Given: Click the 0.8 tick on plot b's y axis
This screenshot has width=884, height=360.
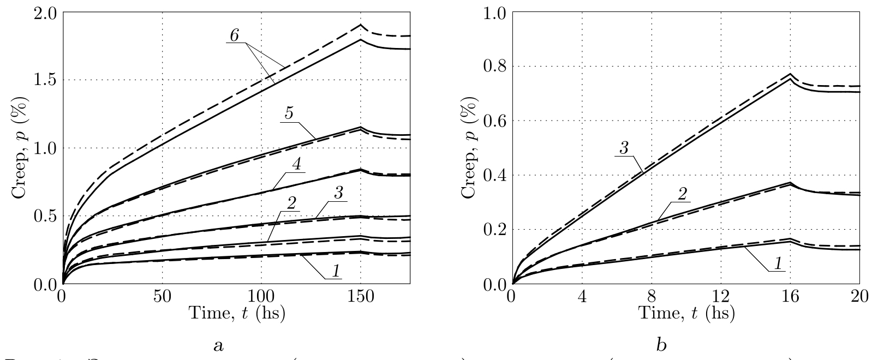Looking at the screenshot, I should coord(493,67).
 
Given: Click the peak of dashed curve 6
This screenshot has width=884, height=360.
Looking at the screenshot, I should coord(360,25).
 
